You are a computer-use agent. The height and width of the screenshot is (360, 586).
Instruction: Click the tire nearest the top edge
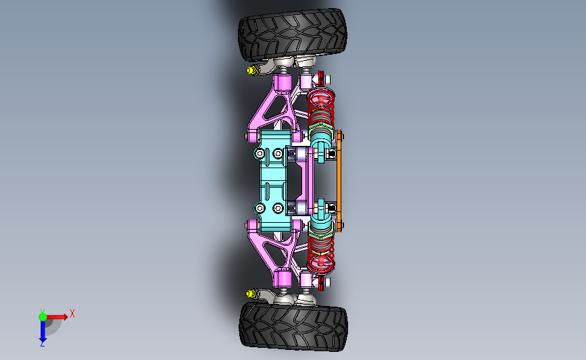tap(293, 34)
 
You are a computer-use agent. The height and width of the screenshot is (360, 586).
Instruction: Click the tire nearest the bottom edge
tap(293, 326)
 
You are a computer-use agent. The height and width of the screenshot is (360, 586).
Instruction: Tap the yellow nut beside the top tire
tap(251, 70)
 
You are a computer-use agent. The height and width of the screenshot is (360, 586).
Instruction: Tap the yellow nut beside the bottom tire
tap(251, 294)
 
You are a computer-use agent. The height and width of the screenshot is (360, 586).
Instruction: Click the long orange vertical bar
tap(339, 181)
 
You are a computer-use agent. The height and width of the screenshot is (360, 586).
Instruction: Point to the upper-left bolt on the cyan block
tap(260, 153)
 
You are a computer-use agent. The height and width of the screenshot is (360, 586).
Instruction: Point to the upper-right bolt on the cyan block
tap(278, 153)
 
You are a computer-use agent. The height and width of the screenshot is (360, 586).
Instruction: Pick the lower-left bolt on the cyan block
tap(260, 208)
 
